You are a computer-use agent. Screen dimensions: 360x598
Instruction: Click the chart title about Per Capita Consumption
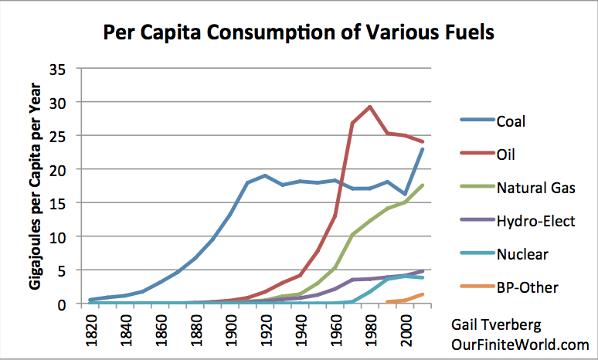pos(299,34)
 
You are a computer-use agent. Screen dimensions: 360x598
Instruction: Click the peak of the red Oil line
pos(370,107)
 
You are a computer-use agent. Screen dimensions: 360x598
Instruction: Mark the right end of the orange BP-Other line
pos(422,294)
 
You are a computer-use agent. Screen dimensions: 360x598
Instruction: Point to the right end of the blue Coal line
pos(422,148)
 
